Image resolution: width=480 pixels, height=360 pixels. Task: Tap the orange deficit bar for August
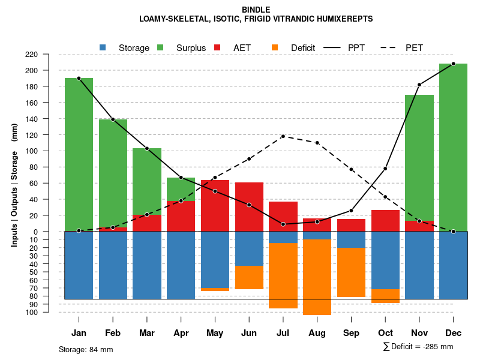(x=317, y=277)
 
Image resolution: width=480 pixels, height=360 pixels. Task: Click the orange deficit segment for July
(x=283, y=275)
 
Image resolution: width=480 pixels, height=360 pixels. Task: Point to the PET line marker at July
(x=283, y=136)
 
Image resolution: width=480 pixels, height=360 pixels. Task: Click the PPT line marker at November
(x=419, y=85)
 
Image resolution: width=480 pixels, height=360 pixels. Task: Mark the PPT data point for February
(x=113, y=119)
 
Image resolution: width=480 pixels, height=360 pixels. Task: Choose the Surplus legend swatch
(x=160, y=48)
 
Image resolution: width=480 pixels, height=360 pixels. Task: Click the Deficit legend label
(x=303, y=48)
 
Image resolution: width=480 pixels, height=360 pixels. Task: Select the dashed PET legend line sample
(x=391, y=48)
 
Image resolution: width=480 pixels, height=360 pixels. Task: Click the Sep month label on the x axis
(x=351, y=333)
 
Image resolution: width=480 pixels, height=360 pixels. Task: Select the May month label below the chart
(x=215, y=333)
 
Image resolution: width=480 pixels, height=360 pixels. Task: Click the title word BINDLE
(x=256, y=10)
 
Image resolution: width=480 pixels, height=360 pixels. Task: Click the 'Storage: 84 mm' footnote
(x=86, y=349)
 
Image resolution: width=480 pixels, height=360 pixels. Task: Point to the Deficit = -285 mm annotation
(x=418, y=347)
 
